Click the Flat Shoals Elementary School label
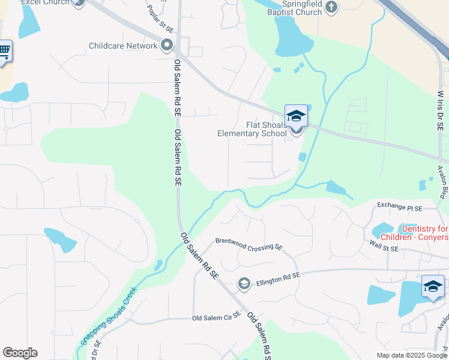tap(252, 129)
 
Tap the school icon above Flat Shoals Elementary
tap(296, 115)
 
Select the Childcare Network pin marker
tap(167, 46)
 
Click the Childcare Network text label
tap(123, 46)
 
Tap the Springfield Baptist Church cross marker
tap(332, 7)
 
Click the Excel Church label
tap(45, 2)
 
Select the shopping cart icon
tap(4, 50)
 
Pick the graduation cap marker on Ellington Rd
tap(244, 284)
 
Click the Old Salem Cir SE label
tap(216, 317)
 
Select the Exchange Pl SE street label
tap(400, 206)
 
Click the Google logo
tap(20, 353)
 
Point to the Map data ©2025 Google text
tap(412, 355)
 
